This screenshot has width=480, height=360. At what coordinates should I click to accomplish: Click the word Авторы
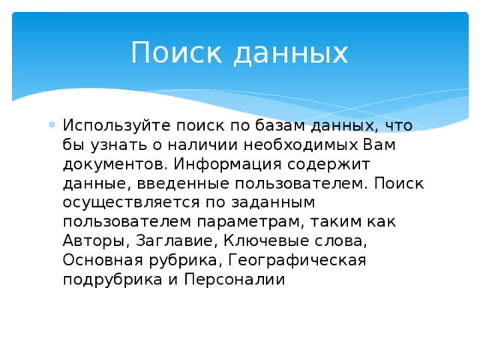click(96, 241)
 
